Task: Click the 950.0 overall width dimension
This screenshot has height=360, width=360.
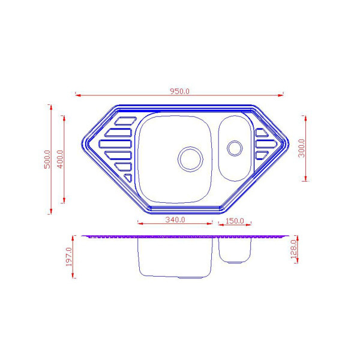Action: pos(179,91)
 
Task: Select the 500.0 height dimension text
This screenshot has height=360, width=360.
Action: pos(47,160)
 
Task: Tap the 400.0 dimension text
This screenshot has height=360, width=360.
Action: pos(61,160)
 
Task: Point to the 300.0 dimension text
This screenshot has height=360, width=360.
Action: pos(301,148)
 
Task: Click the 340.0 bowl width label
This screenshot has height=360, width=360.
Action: pos(175,220)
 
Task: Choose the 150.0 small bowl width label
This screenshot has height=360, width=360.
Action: pos(235,221)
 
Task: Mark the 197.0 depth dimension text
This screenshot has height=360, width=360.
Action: pos(69,257)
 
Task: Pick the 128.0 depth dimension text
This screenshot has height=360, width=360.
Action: pos(293,249)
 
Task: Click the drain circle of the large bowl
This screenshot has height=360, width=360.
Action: pos(190,159)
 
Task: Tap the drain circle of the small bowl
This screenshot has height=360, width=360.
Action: pos(235,148)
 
